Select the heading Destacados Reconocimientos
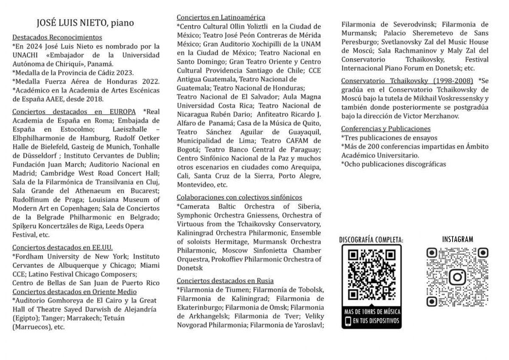(x=57, y=37)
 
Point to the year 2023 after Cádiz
(x=124, y=73)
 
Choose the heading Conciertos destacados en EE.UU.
(x=62, y=247)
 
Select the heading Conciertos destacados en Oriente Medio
(x=74, y=292)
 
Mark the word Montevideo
(x=196, y=185)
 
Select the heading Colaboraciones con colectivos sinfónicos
(x=239, y=197)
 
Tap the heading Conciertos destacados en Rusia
(x=225, y=281)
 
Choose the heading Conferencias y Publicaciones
(x=386, y=129)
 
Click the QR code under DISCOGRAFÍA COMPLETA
(x=371, y=275)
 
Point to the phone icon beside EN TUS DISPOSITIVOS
(x=348, y=321)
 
